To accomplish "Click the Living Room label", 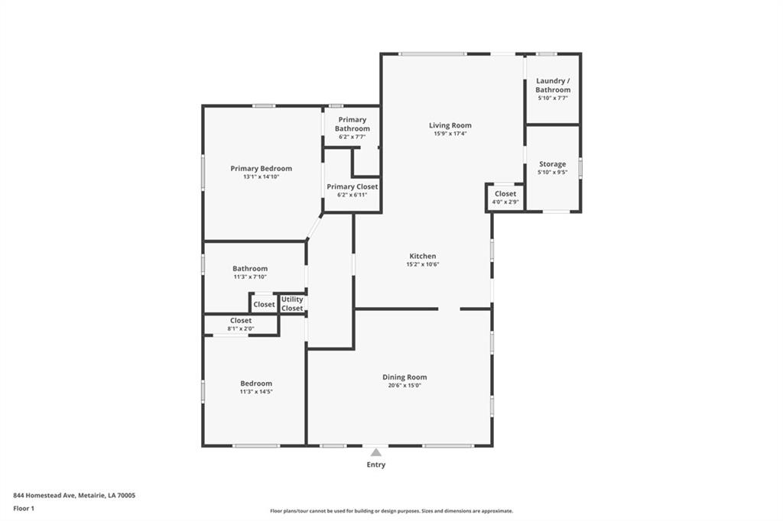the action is [x=450, y=125].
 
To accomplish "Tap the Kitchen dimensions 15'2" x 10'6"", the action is [x=422, y=264].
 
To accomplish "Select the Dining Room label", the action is [x=404, y=377].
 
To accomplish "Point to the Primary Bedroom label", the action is [x=262, y=169].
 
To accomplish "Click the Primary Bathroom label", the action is [x=353, y=125].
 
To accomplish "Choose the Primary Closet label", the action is [x=352, y=186].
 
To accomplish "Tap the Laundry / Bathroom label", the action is [x=553, y=86].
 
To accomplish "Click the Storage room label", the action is [x=552, y=164].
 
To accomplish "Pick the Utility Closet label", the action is [x=292, y=304].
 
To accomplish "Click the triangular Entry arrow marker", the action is [x=376, y=453].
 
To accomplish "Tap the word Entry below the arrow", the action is [x=376, y=464].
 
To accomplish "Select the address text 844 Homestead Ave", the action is [x=44, y=496].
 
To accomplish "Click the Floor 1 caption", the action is [x=24, y=509].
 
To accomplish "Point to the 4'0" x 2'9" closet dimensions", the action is [x=505, y=202].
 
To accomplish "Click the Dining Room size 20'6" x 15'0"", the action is [x=404, y=385].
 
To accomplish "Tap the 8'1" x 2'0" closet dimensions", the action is [x=241, y=328].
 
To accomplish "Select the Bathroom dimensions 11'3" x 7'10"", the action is [x=250, y=277].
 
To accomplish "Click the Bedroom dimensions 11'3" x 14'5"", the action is [x=256, y=392].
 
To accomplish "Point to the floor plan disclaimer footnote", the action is [x=391, y=511].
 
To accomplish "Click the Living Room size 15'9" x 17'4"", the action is [x=450, y=134].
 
